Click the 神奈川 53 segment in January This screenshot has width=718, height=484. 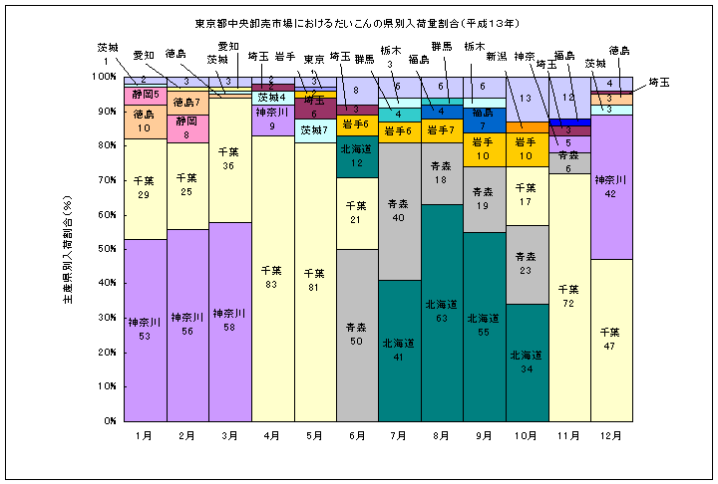tap(145, 329)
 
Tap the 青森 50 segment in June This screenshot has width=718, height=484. tap(357, 334)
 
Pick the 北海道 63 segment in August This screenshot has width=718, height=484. tap(442, 311)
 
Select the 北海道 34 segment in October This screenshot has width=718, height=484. tap(527, 362)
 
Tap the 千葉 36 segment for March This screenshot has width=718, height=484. tap(229, 159)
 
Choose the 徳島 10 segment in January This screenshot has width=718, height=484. tap(145, 121)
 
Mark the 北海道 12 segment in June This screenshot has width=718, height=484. tap(357, 157)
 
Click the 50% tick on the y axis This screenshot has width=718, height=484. tap(104, 249)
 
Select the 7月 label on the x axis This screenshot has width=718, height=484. tap(399, 435)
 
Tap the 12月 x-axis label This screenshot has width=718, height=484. tap(611, 435)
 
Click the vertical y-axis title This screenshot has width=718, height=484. tap(68, 249)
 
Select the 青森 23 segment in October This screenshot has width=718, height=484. tap(527, 264)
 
